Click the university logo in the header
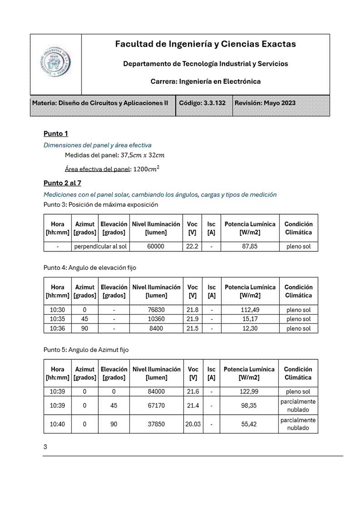pyautogui.click(x=55, y=64)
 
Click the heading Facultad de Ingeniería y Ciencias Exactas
pyautogui.click(x=205, y=44)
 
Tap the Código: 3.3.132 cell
pyautogui.click(x=202, y=103)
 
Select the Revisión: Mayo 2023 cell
pyautogui.click(x=265, y=103)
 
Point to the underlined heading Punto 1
pyautogui.click(x=56, y=134)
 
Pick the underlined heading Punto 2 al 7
pyautogui.click(x=62, y=183)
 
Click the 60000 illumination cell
pyautogui.click(x=156, y=247)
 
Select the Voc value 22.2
pyautogui.click(x=192, y=247)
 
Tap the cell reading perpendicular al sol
pyautogui.click(x=100, y=247)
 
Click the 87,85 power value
pyautogui.click(x=250, y=247)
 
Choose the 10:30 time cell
pyautogui.click(x=57, y=310)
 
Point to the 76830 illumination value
pyautogui.click(x=156, y=310)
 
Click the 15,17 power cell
pyautogui.click(x=250, y=319)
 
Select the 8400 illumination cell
pyautogui.click(x=156, y=328)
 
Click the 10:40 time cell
pyautogui.click(x=57, y=424)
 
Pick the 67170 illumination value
pyautogui.click(x=156, y=406)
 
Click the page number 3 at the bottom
pyautogui.click(x=45, y=447)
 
